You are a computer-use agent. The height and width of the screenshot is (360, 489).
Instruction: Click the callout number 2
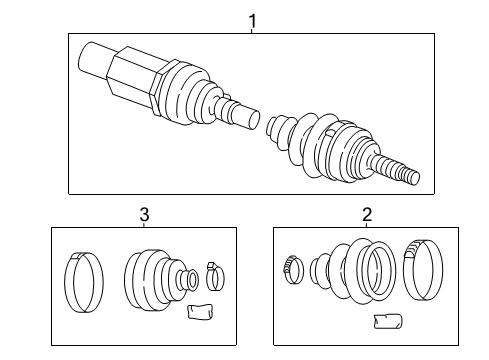tap(366, 213)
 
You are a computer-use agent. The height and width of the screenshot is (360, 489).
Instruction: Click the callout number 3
tap(145, 213)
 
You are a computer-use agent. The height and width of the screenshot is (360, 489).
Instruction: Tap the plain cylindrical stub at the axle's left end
tap(93, 61)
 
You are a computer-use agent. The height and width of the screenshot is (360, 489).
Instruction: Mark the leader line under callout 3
tap(145, 225)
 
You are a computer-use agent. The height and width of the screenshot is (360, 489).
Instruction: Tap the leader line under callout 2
tap(366, 225)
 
